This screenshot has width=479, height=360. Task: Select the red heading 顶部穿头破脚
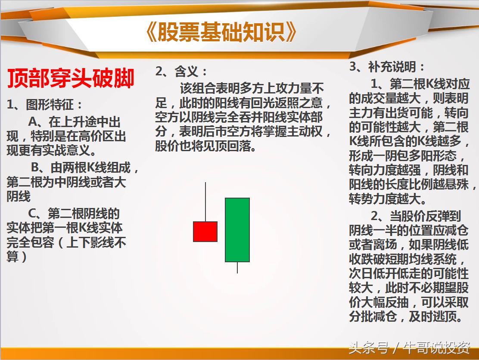click(71, 79)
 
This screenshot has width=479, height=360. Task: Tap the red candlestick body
click(205, 231)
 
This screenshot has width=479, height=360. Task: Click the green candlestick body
click(237, 230)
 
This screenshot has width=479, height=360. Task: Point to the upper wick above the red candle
click(205, 202)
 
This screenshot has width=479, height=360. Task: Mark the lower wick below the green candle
click(237, 267)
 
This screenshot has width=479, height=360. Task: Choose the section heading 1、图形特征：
click(44, 104)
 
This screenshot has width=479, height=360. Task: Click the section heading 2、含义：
click(181, 71)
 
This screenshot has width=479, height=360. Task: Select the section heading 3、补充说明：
click(387, 67)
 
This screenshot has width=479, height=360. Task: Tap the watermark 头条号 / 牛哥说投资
click(409, 347)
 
